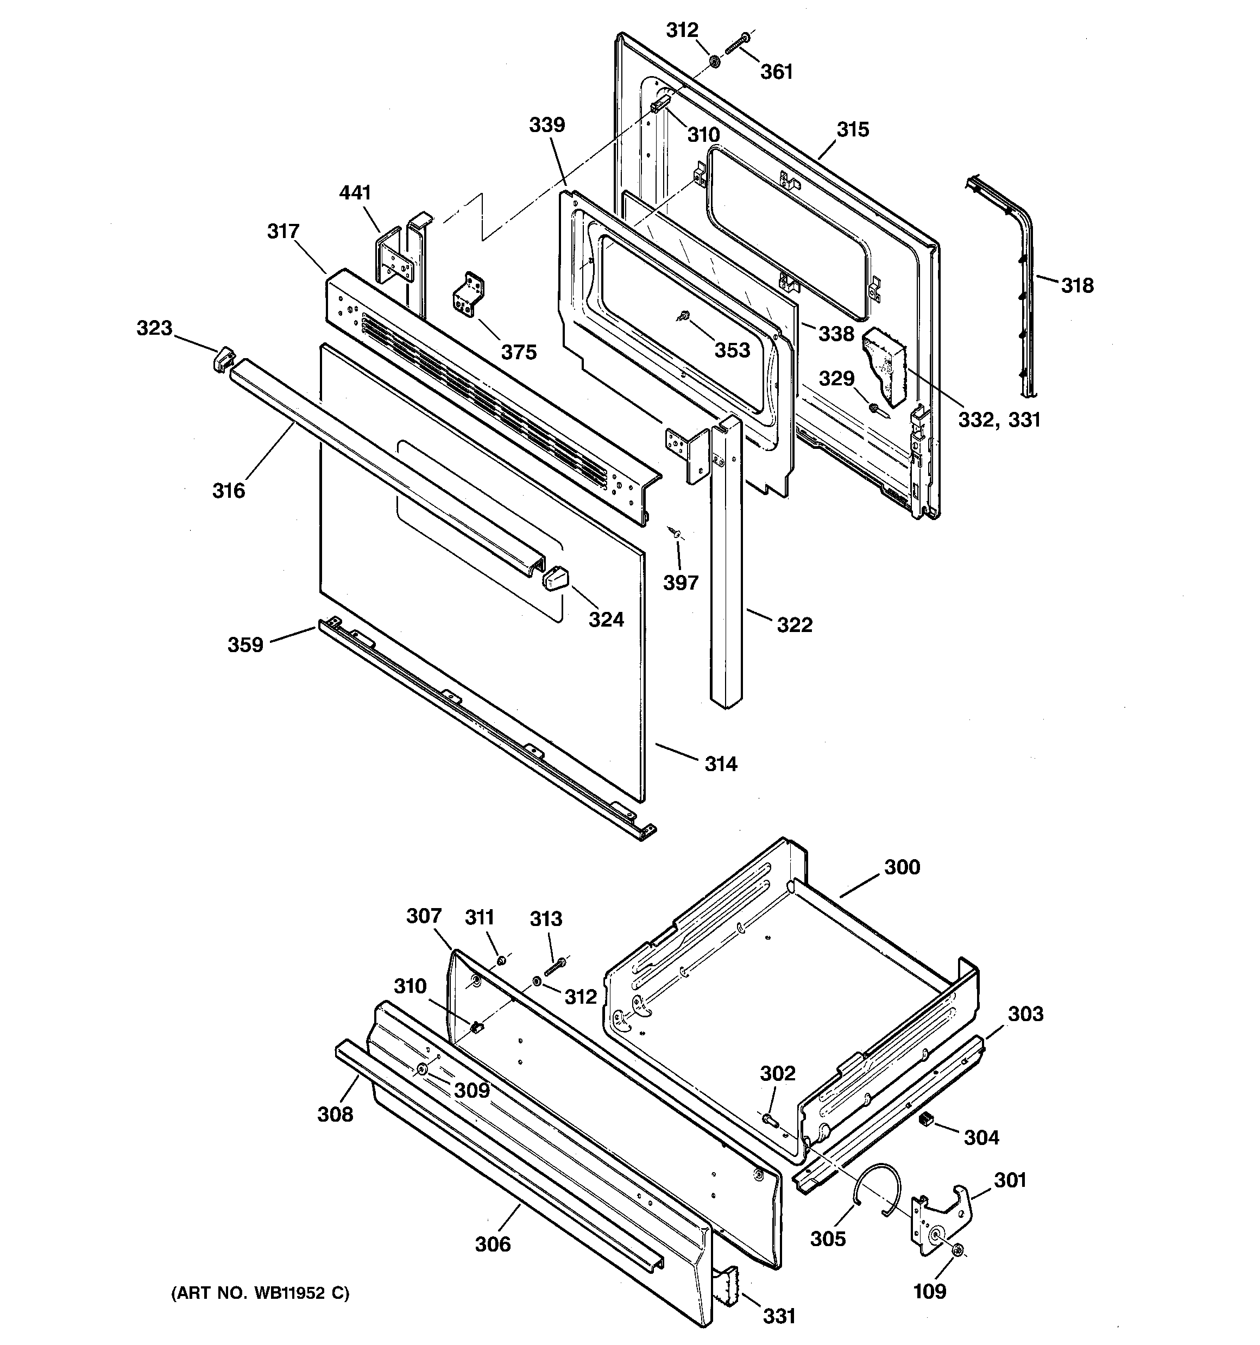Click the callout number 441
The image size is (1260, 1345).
tap(355, 193)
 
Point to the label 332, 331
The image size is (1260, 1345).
tap(999, 420)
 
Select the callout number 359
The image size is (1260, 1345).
tap(245, 645)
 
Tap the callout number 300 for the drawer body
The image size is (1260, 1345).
tap(902, 867)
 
